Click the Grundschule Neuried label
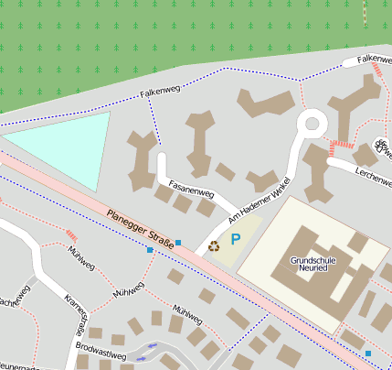pos(313,266)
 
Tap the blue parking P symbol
pos(235,240)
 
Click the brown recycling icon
pos(215,245)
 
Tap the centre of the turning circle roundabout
pos(312,121)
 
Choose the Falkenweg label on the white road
pos(375,59)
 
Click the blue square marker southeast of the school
pos(367,353)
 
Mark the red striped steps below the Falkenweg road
pos(344,144)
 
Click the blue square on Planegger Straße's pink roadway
pos(150,249)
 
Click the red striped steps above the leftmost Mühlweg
pos(71,236)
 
